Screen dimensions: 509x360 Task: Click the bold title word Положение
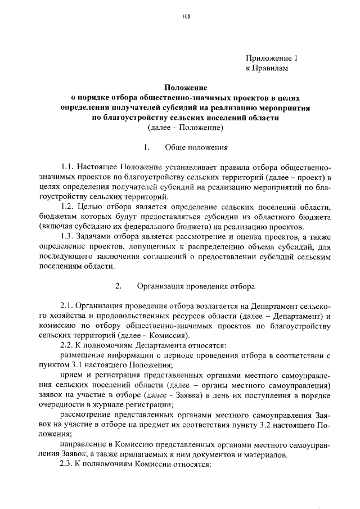[186, 88]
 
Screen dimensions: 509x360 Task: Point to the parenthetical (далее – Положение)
[186, 128]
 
